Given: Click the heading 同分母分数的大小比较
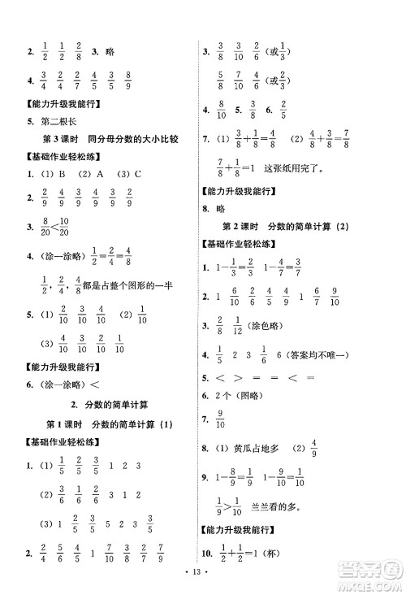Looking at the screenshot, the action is [x=119, y=140].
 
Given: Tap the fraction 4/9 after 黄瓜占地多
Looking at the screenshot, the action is [x=313, y=448].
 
